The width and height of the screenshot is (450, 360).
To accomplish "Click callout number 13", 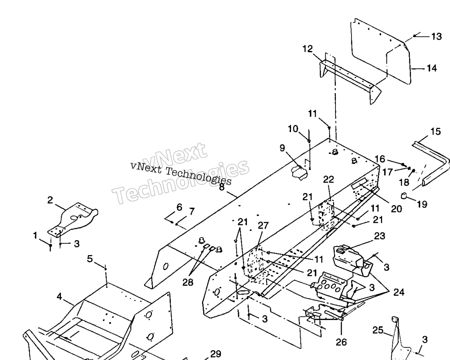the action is pos(437,37).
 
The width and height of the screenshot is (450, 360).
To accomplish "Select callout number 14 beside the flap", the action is pos(432,69).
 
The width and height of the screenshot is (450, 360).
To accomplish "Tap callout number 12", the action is pos(308,49).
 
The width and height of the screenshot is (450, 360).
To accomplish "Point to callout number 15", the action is pos(436,131).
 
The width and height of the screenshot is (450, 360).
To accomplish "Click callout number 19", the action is pos(422,204).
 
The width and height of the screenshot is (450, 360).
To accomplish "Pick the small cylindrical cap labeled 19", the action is pos(404,196).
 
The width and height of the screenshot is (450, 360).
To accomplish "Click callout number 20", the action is pos(397,209).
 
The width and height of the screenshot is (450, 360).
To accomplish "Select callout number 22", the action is pos(328,180).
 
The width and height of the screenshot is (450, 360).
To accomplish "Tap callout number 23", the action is pos(380,236).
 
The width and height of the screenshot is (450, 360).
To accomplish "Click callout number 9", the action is pos(282,148).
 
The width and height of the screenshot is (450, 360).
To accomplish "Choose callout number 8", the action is pos(222,187).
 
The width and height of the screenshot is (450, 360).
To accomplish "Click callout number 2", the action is pos(50,200).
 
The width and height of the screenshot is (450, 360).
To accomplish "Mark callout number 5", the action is pos(90,259).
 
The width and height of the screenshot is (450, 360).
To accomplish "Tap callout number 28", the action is pos(188,283).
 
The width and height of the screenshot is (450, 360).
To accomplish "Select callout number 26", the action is pos(341,342).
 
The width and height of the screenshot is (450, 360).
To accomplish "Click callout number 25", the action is pos(378,330).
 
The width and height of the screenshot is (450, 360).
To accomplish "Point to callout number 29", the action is pos(216,354).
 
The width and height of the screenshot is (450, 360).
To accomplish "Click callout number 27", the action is pos(263,225).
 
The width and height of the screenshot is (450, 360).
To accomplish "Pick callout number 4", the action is pos(59,296).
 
